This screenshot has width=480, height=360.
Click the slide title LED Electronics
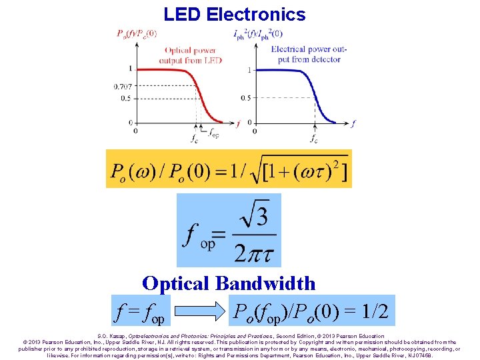[x=235, y=14]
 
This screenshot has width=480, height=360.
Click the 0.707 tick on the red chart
[x=122, y=87]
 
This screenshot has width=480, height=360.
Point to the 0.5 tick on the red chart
[x=124, y=97]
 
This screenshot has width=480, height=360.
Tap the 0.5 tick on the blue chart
[x=245, y=97]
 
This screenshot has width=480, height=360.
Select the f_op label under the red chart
[x=213, y=133]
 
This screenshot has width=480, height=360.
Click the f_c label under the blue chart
[x=314, y=139]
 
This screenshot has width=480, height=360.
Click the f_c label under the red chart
[x=193, y=139]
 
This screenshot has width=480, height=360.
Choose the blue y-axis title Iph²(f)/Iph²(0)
[x=258, y=33]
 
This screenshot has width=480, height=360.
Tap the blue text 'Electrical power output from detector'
[x=306, y=54]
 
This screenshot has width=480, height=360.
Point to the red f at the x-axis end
[x=238, y=123]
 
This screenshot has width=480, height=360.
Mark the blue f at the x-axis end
[x=353, y=123]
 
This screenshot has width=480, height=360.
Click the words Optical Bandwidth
[x=229, y=283]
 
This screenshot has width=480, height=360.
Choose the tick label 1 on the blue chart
[x=249, y=69]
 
